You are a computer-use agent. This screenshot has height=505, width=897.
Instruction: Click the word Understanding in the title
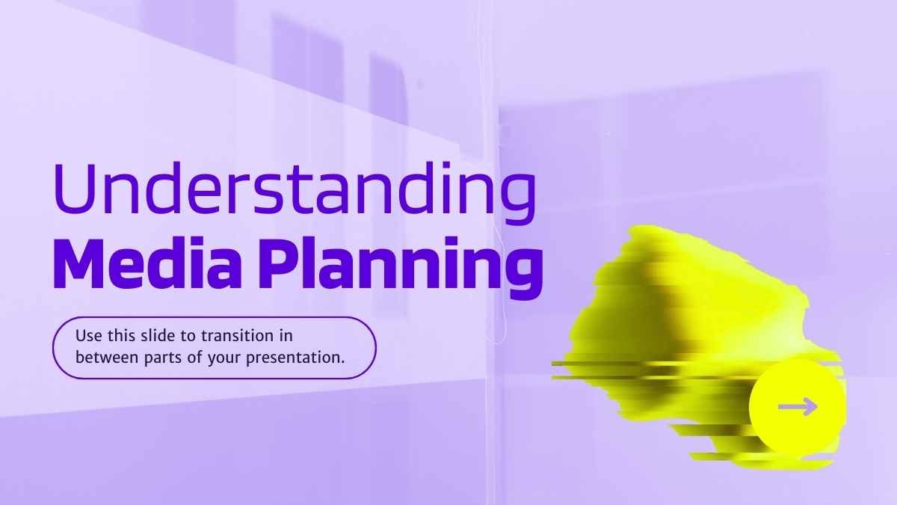coord(295,192)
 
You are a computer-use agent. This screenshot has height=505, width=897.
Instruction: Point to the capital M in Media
coord(79,263)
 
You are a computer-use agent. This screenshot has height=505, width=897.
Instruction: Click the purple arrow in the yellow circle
coord(798,407)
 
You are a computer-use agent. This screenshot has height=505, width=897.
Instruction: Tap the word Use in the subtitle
coord(88,336)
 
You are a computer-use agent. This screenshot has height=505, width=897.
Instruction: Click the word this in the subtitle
coord(120,335)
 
